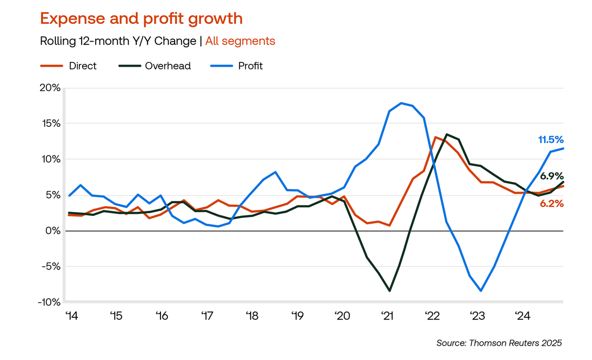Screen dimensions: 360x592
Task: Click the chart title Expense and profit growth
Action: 141,18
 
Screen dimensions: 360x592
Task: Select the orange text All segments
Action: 240,41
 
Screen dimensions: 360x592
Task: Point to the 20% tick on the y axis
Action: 50,88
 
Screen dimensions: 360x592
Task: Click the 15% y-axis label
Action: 51,124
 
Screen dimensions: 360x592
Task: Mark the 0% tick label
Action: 53,231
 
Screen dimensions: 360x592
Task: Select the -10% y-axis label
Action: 48,302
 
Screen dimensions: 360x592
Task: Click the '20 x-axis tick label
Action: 342,316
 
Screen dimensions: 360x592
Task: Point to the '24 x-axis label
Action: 523,316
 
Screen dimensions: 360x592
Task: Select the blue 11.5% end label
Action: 550,139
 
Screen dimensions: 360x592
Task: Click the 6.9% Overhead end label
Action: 551,176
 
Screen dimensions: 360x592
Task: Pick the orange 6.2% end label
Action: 551,204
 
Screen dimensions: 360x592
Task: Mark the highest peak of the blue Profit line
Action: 401,103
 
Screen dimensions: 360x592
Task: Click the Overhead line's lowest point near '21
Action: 389,291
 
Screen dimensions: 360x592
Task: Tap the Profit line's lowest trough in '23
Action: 481,291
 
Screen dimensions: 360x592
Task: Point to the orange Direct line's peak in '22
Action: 435,137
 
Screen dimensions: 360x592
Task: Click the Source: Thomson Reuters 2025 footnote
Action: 499,343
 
